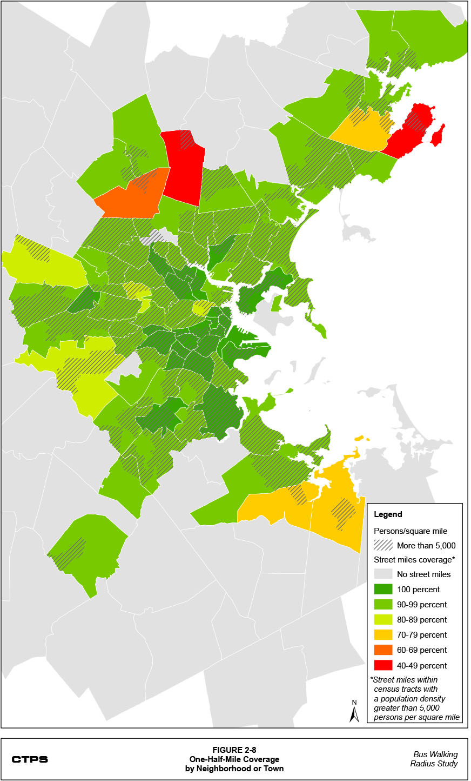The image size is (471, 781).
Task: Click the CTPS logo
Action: [30, 759]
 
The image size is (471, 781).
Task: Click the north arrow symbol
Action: [354, 712]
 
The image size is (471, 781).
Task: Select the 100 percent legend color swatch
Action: [383, 590]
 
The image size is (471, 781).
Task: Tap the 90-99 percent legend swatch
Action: [383, 605]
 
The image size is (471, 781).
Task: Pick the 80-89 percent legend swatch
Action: [383, 620]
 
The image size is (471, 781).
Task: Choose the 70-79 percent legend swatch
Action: [383, 635]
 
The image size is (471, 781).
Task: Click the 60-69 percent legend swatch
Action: [383, 650]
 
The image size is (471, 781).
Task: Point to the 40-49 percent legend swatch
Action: [383, 665]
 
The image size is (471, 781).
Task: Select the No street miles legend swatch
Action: [383, 574]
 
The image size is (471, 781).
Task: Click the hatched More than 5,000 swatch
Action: [383, 545]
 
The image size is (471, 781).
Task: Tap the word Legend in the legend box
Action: [388, 514]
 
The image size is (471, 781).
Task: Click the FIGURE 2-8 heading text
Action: [234, 750]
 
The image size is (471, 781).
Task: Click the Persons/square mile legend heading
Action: [411, 531]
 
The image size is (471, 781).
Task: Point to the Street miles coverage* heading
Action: [414, 560]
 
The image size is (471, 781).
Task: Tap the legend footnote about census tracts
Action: [415, 698]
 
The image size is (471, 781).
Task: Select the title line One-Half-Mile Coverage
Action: [234, 759]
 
